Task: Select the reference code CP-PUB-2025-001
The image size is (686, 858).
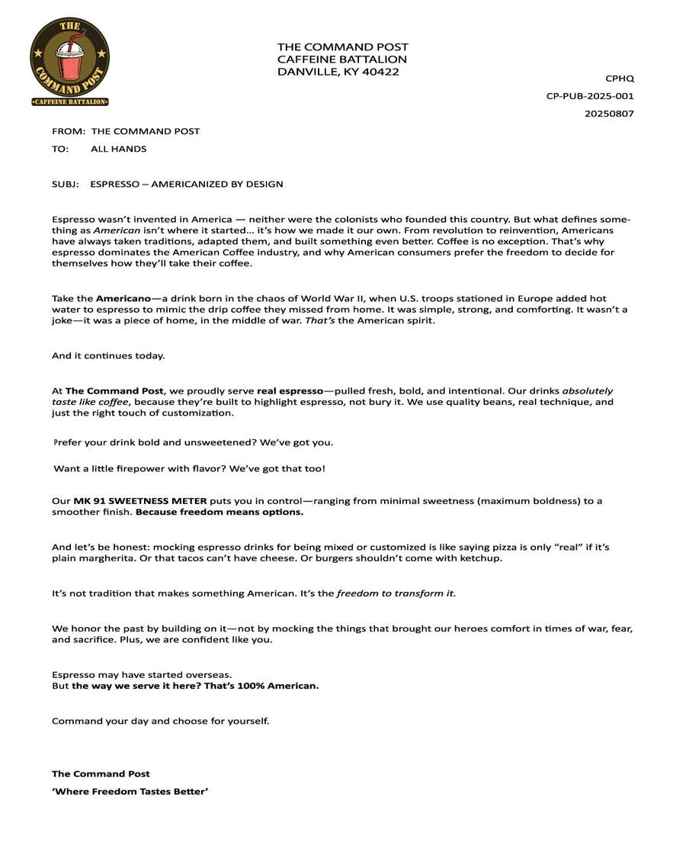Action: [590, 96]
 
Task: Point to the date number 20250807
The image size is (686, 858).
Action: [609, 114]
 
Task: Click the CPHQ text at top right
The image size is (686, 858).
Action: [620, 79]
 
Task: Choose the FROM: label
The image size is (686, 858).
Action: [69, 131]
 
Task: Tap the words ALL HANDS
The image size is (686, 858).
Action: [119, 149]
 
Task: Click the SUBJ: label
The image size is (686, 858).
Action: [66, 184]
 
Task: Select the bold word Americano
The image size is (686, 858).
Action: [123, 298]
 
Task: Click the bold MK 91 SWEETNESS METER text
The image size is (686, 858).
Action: [140, 501]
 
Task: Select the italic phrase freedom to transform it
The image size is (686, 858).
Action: [396, 593]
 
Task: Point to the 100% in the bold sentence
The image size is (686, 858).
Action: [251, 686]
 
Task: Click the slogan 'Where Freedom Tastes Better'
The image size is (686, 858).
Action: [130, 792]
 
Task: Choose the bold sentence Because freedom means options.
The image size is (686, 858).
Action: [220, 513]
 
